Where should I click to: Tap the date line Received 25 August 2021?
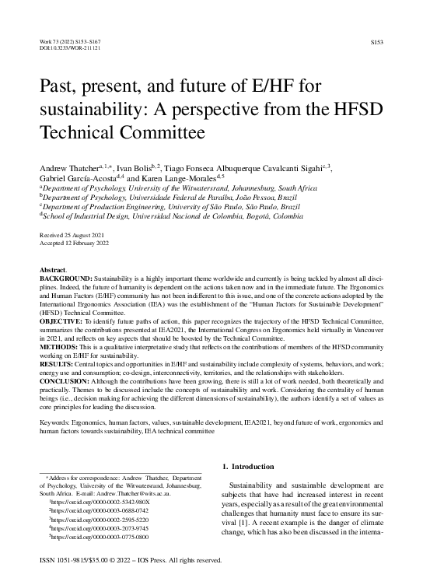[71, 234]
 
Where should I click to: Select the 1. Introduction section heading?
[250, 467]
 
